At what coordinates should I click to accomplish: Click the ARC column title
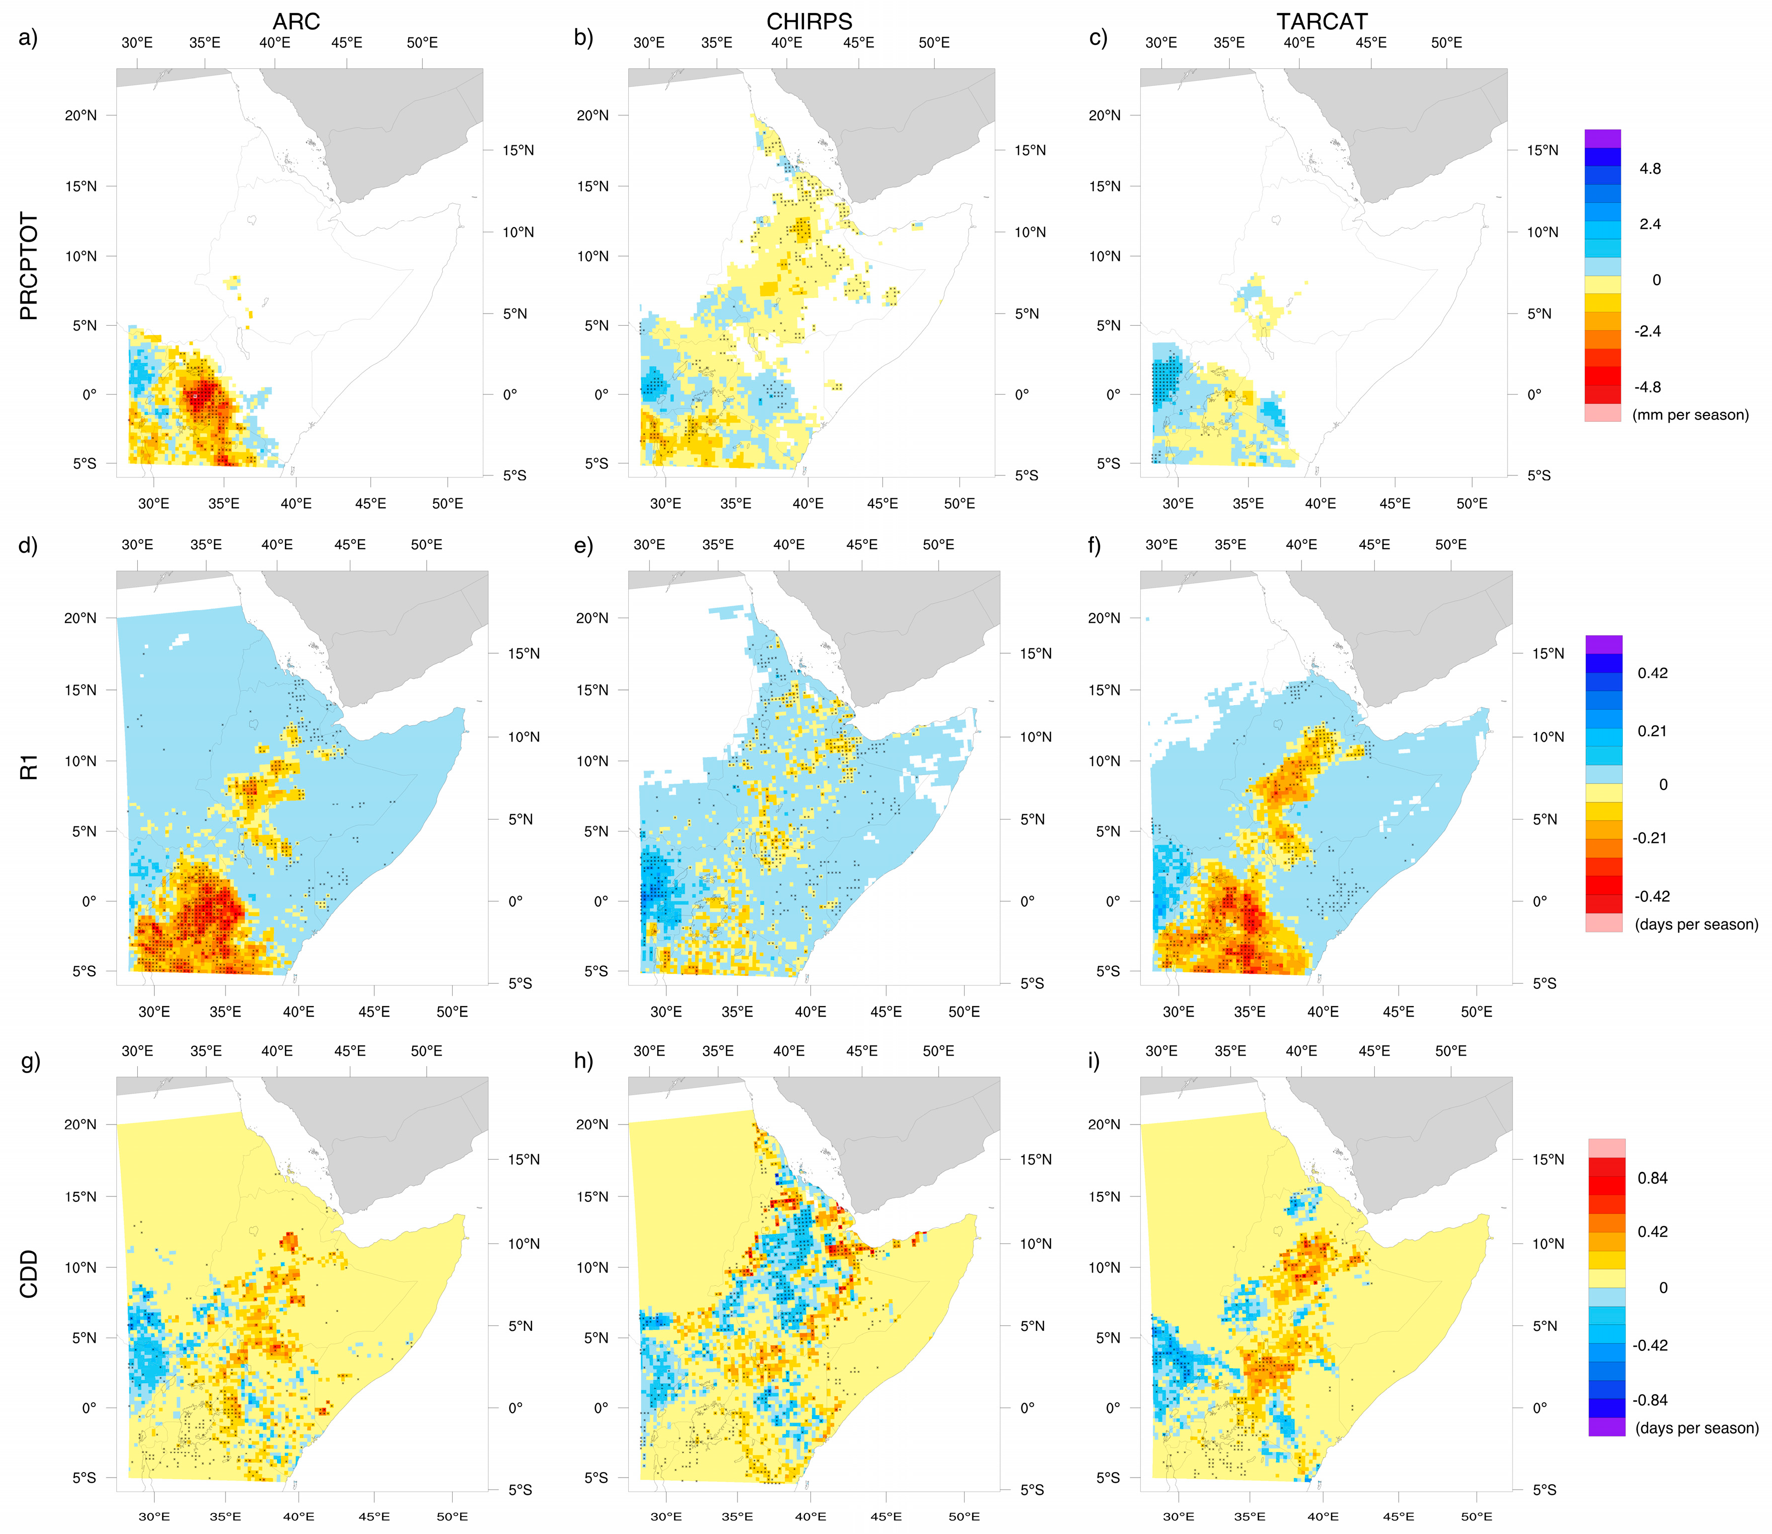(296, 21)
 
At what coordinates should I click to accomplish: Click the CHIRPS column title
(808, 21)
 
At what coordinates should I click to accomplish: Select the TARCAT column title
(1322, 21)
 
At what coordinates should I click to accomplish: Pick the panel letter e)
(583, 546)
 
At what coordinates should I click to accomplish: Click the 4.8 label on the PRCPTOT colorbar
(1650, 169)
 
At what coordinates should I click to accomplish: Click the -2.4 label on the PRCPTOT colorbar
(1647, 331)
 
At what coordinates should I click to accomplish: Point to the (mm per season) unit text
(1690, 415)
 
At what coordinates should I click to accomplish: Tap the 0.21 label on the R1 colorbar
(1651, 731)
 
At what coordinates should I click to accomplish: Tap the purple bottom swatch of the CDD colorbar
(1606, 1427)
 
